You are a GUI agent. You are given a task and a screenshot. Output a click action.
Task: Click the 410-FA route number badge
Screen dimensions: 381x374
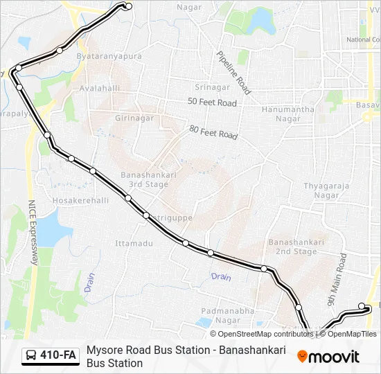click(51, 356)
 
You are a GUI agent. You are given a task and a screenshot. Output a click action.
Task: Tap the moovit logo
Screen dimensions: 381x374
click(328, 357)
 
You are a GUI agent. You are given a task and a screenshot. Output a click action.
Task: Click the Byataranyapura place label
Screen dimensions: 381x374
click(109, 56)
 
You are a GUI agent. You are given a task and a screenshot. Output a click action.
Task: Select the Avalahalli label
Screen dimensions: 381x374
click(100, 88)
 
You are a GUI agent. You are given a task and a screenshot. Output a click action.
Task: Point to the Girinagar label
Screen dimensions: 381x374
click(134, 118)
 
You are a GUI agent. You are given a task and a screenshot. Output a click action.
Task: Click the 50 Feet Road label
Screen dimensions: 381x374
click(212, 103)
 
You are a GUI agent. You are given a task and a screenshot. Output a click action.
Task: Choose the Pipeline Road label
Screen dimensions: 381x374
click(233, 72)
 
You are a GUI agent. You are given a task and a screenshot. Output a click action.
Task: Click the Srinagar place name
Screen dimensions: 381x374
click(212, 87)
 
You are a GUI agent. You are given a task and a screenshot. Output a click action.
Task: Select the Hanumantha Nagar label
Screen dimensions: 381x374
click(288, 114)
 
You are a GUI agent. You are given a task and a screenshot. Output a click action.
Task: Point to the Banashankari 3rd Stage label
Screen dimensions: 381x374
click(144, 180)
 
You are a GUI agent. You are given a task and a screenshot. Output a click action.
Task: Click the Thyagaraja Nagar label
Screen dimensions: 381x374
click(326, 190)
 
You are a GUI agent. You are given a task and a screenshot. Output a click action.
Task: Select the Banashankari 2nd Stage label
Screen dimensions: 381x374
click(296, 247)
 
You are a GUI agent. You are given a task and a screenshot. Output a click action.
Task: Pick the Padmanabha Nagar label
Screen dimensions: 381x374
click(228, 315)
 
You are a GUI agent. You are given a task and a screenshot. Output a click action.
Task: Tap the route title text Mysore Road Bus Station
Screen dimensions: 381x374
click(150, 350)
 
